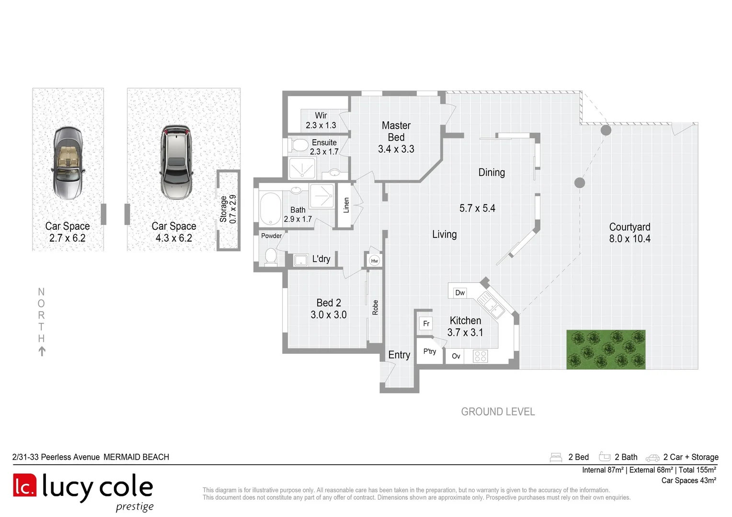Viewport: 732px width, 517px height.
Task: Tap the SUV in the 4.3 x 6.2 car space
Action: (176, 162)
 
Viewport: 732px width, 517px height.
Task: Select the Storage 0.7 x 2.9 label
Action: (228, 209)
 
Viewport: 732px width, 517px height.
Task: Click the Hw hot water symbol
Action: (375, 260)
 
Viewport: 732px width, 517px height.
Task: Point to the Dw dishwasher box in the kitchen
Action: (459, 292)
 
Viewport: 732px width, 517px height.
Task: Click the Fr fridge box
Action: (426, 324)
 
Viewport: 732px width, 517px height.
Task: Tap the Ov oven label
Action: (456, 356)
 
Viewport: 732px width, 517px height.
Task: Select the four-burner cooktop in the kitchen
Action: (480, 356)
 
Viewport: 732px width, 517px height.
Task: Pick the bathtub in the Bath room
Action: (270, 208)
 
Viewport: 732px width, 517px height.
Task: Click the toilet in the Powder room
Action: (271, 256)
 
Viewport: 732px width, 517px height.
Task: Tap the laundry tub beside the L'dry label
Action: (300, 260)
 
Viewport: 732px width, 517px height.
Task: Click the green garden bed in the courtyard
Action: (606, 349)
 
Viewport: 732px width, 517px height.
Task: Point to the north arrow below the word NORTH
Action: (42, 351)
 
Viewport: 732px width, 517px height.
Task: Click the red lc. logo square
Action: (24, 485)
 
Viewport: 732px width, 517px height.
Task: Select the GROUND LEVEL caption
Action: (498, 412)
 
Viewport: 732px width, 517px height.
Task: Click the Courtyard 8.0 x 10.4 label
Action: (629, 233)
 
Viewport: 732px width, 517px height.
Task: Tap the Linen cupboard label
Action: (346, 205)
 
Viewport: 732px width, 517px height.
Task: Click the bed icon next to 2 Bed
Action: (556, 457)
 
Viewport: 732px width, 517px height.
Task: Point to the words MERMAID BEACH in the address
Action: (136, 457)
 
